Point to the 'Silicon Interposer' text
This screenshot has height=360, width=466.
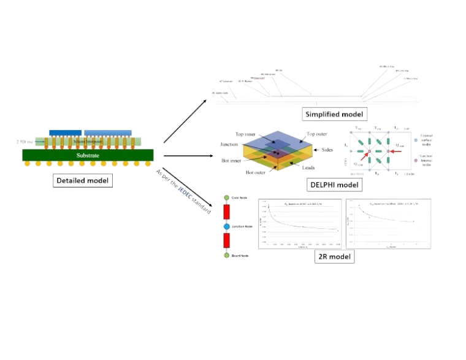click(x=88, y=142)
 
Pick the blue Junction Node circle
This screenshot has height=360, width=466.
click(x=227, y=226)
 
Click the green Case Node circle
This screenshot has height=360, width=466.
click(x=227, y=197)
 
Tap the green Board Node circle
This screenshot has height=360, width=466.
click(x=227, y=255)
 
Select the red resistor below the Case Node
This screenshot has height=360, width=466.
click(x=227, y=212)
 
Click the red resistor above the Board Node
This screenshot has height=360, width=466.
click(x=227, y=240)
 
